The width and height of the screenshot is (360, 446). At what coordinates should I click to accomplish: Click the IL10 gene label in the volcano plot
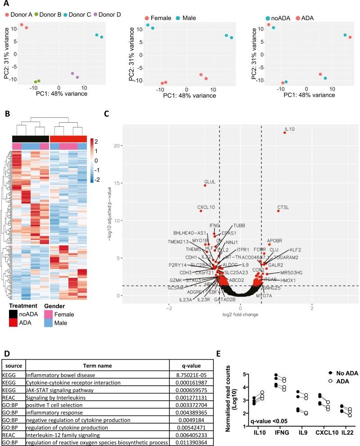tap(289, 129)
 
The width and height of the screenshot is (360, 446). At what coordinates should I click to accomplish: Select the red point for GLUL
tap(205, 185)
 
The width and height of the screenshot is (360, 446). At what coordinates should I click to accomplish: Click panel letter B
tap(7, 113)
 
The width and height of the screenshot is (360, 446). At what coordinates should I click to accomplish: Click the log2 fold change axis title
tap(240, 316)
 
